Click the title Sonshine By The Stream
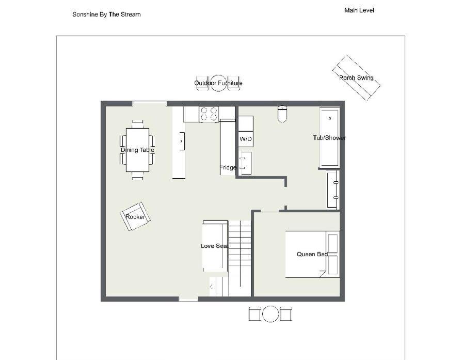(106, 14)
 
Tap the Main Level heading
(359, 10)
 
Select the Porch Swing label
(356, 78)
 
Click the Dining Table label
(137, 150)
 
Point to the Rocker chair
(135, 216)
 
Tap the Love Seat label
(214, 246)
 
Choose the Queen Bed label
(312, 254)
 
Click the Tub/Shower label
(329, 137)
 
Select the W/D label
(246, 139)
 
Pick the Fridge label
(228, 167)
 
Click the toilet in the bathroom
(282, 114)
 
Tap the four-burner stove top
(209, 114)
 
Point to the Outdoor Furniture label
(218, 83)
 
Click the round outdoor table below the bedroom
(270, 314)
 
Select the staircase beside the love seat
(240, 258)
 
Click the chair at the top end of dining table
(138, 124)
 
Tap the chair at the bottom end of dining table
(138, 176)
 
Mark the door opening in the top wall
(150, 103)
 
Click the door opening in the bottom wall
(188, 299)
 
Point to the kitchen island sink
(182, 141)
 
